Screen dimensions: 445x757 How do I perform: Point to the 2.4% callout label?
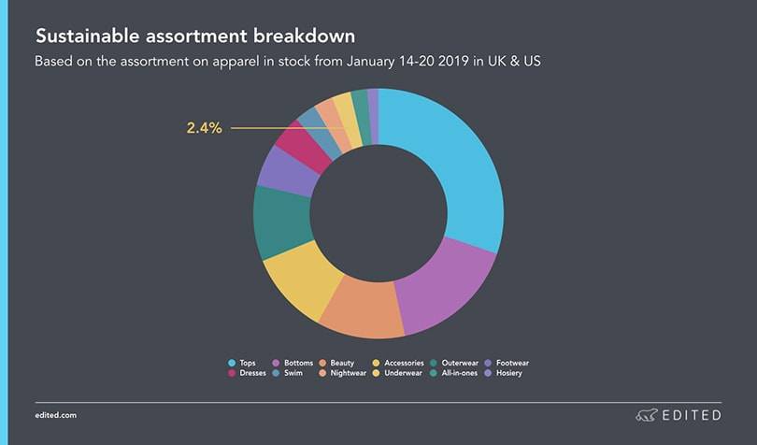[204, 128]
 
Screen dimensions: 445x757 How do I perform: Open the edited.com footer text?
[55, 414]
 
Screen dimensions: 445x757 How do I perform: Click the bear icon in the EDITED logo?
[646, 414]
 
